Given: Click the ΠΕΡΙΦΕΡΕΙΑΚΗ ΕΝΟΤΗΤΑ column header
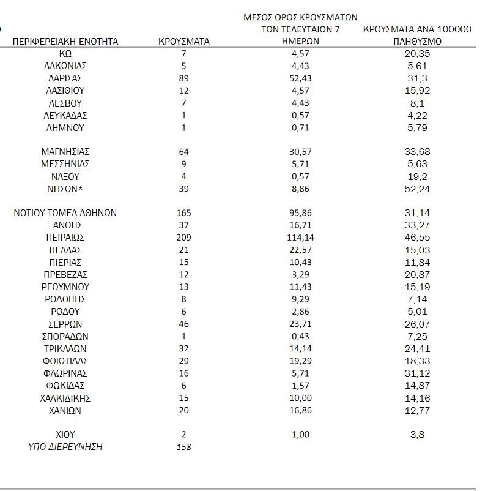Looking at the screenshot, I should (x=65, y=42).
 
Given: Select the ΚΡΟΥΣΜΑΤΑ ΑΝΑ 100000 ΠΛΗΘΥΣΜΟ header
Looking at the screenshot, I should (x=417, y=36).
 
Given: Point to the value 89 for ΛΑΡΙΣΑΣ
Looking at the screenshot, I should (x=183, y=78).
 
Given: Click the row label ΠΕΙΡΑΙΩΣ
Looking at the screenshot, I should (x=65, y=238).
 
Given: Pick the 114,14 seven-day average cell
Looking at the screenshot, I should (x=300, y=238).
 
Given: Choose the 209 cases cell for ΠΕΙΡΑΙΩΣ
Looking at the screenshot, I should (x=183, y=238).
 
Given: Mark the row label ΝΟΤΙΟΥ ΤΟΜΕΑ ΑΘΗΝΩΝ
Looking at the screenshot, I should (x=65, y=213).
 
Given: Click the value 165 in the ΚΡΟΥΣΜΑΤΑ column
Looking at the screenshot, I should (x=183, y=213).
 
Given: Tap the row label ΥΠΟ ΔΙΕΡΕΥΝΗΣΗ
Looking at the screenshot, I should (x=65, y=447).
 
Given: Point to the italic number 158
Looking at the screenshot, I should (x=183, y=447).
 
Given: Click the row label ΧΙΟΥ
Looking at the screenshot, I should (x=65, y=434).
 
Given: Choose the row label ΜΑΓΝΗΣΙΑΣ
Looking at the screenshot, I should (x=65, y=151).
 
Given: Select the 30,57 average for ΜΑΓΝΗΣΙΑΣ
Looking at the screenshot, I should (x=300, y=151).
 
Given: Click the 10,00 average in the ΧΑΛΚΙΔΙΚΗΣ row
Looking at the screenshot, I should (x=300, y=398).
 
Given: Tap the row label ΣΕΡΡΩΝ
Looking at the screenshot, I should (x=65, y=324).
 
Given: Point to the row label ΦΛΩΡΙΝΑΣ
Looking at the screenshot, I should (x=65, y=373).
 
